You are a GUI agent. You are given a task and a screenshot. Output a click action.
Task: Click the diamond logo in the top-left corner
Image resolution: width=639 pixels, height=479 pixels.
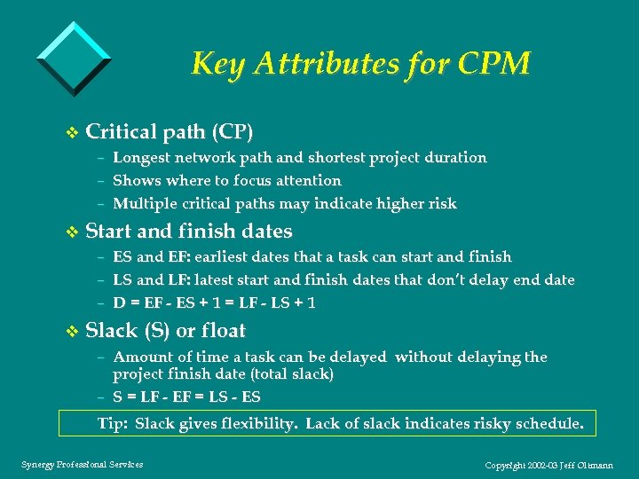(x=75, y=57)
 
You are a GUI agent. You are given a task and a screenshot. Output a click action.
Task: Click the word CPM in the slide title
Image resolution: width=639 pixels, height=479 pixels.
(x=499, y=64)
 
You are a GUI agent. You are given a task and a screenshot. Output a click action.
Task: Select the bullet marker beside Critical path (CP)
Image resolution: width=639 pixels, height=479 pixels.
(x=73, y=134)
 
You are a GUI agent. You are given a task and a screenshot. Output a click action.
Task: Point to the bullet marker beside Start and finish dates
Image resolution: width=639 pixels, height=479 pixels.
(x=73, y=232)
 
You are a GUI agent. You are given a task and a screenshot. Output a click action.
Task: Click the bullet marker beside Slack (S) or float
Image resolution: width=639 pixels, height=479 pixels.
(x=73, y=332)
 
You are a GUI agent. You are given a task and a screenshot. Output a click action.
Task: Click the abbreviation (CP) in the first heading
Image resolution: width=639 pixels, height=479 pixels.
(x=233, y=133)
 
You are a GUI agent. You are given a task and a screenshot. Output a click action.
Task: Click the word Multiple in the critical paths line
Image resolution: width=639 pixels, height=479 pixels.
(x=145, y=204)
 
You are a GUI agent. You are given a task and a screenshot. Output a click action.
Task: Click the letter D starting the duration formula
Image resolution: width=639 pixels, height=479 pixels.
(x=119, y=303)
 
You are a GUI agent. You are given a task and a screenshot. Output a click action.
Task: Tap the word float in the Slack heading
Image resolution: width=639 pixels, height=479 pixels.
(x=224, y=331)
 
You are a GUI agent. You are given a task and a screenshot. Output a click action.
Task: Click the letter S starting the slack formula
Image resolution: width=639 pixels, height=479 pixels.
(x=118, y=397)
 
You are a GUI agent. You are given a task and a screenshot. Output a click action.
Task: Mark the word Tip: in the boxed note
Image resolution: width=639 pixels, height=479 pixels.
(x=113, y=424)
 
